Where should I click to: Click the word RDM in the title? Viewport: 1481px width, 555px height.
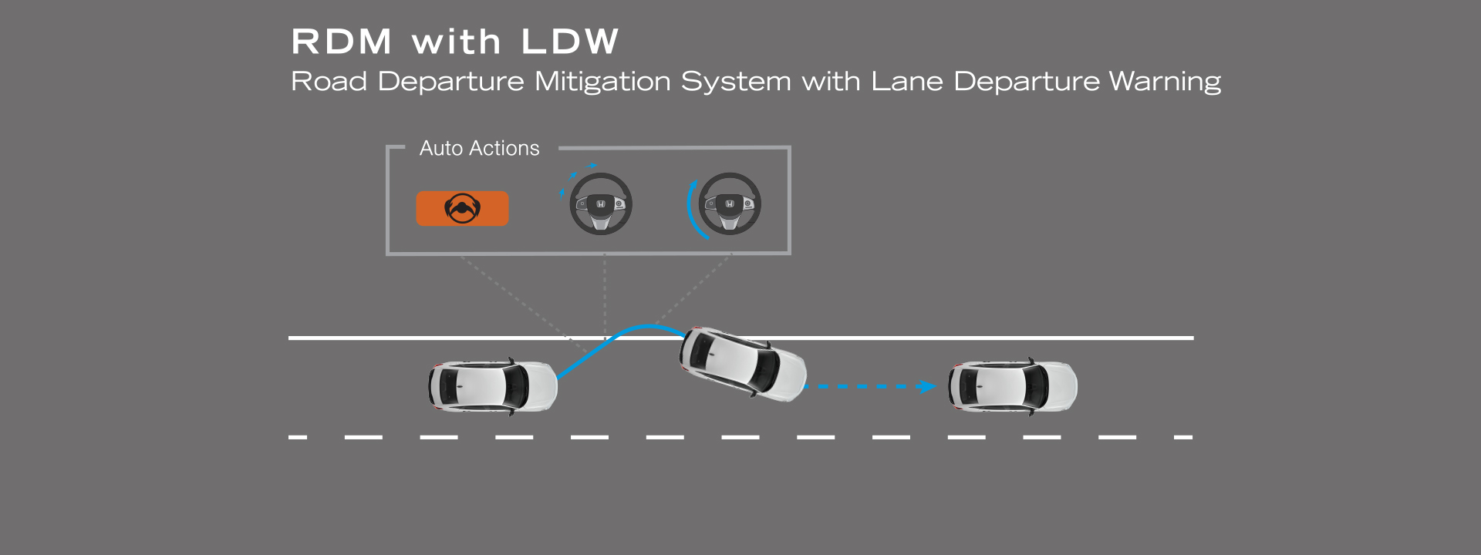click(x=342, y=42)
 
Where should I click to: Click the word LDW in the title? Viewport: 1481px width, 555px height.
click(x=570, y=42)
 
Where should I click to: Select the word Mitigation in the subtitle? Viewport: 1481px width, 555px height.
click(x=602, y=82)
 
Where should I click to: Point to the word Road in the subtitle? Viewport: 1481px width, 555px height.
click(x=329, y=82)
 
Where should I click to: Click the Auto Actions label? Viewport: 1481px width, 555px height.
click(x=479, y=148)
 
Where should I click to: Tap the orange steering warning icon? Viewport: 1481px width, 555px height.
click(x=462, y=208)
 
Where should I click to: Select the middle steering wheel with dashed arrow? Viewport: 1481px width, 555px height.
click(x=600, y=203)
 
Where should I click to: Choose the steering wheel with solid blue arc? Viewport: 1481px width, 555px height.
click(x=729, y=203)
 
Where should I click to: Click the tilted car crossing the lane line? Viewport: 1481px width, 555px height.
click(x=741, y=363)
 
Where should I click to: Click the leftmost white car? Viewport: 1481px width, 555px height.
click(x=492, y=386)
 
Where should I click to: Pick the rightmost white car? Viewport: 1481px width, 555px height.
click(x=1012, y=386)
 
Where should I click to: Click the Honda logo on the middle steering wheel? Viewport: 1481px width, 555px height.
click(x=601, y=204)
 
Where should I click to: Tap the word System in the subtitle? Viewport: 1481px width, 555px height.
click(x=735, y=82)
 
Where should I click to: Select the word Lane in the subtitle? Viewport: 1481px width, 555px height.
click(x=906, y=82)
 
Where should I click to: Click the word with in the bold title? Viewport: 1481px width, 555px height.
click(x=456, y=42)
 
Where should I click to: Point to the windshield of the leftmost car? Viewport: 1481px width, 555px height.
click(x=515, y=385)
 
